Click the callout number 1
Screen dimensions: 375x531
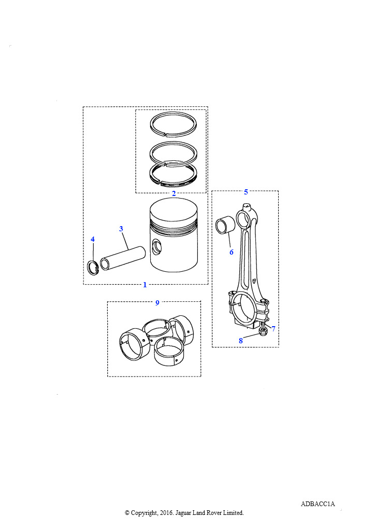click(145, 285)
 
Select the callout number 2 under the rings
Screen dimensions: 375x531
click(174, 193)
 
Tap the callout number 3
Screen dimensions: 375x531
click(121, 229)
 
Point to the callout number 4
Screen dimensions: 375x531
click(93, 240)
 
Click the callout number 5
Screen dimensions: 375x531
click(246, 192)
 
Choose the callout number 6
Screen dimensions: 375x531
click(232, 252)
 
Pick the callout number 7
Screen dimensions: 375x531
click(273, 328)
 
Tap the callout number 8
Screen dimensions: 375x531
click(241, 341)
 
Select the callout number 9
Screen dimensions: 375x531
click(157, 303)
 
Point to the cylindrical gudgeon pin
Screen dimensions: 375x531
click(122, 258)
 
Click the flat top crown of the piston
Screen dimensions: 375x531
click(174, 209)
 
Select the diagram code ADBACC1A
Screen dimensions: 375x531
click(318, 504)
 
